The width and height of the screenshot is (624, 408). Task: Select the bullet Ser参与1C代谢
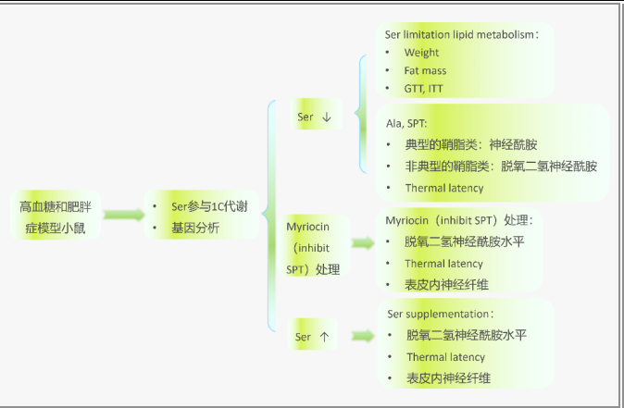coord(208,205)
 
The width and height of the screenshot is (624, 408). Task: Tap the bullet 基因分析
coord(194,228)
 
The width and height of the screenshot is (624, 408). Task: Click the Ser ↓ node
coord(313,117)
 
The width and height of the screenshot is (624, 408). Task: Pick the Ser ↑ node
coord(311,337)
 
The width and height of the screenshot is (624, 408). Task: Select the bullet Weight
coord(421,53)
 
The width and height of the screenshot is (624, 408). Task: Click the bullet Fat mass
coord(425,70)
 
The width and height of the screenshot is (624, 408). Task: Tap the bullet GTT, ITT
coord(425,88)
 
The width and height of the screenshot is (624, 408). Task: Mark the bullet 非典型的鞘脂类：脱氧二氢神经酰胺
coord(500,167)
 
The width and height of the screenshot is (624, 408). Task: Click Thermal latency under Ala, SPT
coord(443,188)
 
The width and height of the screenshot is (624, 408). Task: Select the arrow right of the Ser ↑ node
coord(361,338)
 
